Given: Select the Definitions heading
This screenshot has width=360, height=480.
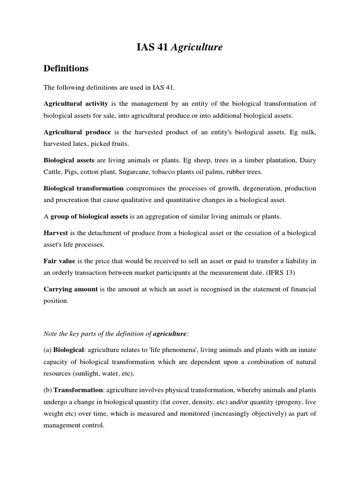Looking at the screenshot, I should tap(66, 68).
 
